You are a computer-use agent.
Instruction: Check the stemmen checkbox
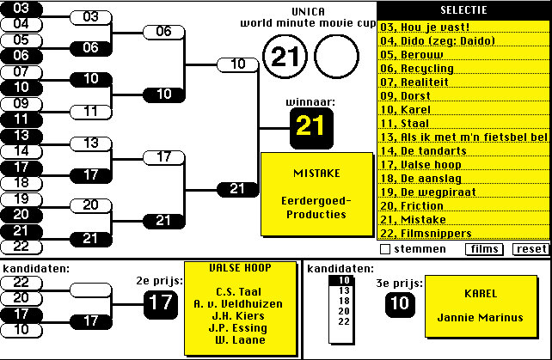pos(385,249)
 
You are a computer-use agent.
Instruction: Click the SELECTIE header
pos(463,10)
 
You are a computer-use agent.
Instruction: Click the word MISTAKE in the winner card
pos(316,173)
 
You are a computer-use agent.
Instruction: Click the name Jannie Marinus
pos(480,317)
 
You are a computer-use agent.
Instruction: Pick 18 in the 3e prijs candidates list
pos(345,302)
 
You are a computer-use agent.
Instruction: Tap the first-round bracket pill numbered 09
pos(21,103)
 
